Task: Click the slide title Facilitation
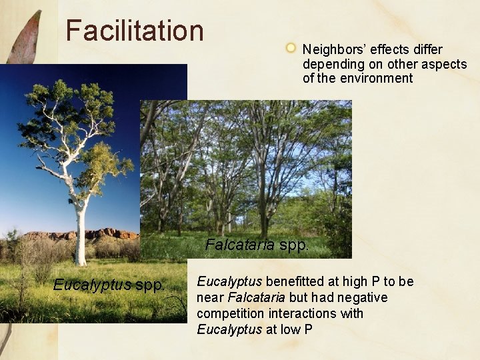135,31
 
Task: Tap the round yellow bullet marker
291,48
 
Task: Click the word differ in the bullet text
426,50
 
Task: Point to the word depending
332,65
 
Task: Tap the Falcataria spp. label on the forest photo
257,245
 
